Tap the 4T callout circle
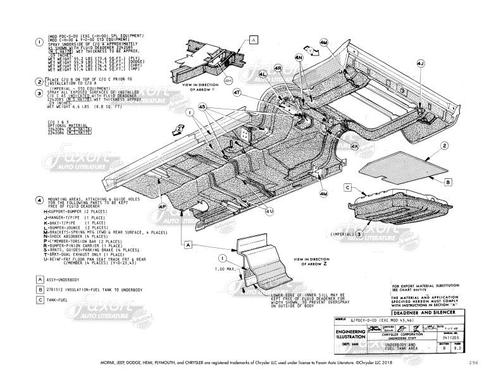tap(237, 92)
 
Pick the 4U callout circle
tap(270, 211)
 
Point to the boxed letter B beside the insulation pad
tap(447, 182)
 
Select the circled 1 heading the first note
tap(39, 42)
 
